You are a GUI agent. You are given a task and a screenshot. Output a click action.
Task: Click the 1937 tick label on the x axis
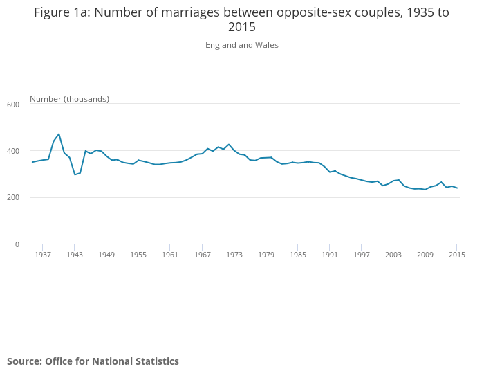[43, 255]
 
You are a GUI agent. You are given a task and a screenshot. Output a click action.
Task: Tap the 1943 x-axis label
[75, 255]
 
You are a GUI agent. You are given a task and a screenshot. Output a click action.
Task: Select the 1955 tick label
[138, 255]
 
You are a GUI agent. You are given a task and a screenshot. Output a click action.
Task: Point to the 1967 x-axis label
[202, 255]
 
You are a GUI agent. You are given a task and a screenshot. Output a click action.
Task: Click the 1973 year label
[234, 255]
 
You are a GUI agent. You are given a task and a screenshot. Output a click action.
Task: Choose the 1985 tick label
[298, 255]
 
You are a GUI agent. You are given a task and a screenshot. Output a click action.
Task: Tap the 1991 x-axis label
[330, 255]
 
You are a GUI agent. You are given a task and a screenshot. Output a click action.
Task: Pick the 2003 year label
[393, 255]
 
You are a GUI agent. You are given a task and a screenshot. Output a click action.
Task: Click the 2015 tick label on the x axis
[456, 255]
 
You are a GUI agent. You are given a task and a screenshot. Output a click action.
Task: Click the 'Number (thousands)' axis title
[69, 99]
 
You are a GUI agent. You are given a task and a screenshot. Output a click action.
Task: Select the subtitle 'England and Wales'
[242, 45]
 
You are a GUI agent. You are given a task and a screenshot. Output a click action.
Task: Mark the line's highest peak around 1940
[59, 134]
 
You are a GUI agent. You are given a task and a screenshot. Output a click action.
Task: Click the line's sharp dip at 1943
[75, 174]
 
